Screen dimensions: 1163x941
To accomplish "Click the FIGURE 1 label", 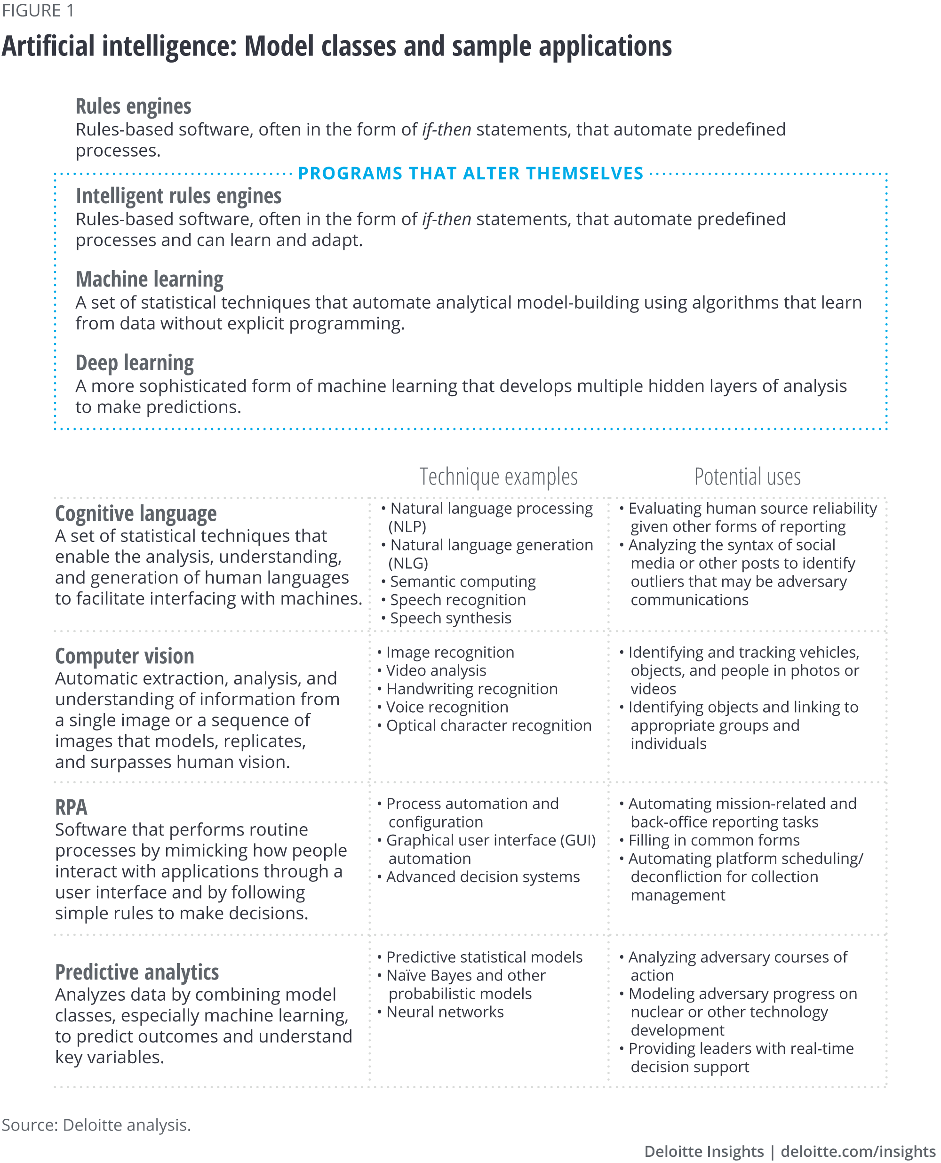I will (x=38, y=10).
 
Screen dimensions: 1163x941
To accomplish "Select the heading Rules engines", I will (x=133, y=107).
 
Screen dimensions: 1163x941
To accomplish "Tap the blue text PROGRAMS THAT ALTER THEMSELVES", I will (x=470, y=174).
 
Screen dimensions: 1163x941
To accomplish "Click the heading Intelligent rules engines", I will (x=178, y=196).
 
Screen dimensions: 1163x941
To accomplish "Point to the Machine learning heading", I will (x=149, y=279).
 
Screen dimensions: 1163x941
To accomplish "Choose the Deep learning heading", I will (x=135, y=363).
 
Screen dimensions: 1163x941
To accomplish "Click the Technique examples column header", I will (x=498, y=477).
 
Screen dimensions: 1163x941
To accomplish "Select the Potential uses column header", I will (x=747, y=477).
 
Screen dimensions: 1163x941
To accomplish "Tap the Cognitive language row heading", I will (x=136, y=514).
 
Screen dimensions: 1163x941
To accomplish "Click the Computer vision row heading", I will (x=124, y=656).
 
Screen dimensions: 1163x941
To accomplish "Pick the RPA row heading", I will (x=71, y=807).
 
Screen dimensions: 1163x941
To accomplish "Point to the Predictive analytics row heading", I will (x=136, y=972).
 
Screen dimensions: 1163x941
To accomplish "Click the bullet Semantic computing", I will (x=463, y=581).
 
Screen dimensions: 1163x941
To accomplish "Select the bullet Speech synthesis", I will (x=450, y=618).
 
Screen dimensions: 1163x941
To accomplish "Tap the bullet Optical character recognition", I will (x=488, y=725).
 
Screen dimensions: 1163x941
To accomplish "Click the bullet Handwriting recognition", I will (x=471, y=689).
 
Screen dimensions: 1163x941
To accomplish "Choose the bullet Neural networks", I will (x=445, y=1012).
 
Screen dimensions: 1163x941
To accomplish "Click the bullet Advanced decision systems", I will (x=482, y=876).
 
